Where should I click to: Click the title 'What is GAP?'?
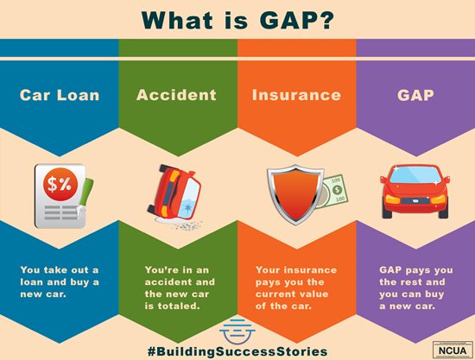click(237, 18)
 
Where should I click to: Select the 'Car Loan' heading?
click(59, 95)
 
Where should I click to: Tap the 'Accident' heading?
click(178, 95)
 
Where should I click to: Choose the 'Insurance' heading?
click(296, 95)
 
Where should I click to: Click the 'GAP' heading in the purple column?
click(415, 95)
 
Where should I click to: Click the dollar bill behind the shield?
click(330, 194)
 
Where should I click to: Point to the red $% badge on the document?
click(60, 184)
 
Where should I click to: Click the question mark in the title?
click(331, 18)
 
